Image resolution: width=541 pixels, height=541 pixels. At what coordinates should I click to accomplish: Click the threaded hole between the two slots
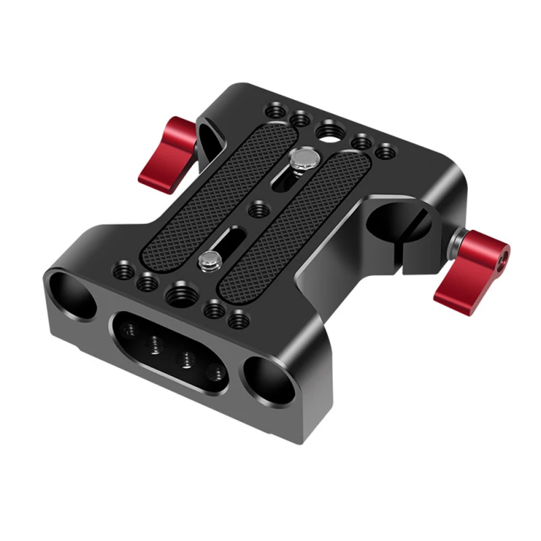tap(257, 211)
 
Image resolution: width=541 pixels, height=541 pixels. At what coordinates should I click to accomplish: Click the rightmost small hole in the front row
tap(236, 317)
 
